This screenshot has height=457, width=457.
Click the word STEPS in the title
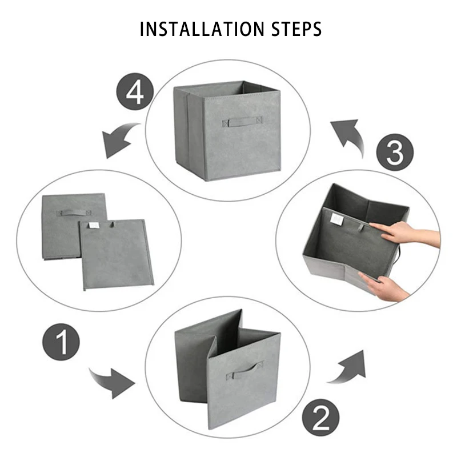click(296, 29)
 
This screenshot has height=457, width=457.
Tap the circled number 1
click(61, 342)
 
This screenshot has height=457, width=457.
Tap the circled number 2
click(320, 418)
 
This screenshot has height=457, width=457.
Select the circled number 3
click(395, 152)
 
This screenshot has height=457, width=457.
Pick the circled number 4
click(135, 91)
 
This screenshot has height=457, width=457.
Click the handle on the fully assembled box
click(242, 122)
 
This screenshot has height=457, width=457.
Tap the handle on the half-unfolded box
click(244, 370)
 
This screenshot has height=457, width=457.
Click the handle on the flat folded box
click(74, 213)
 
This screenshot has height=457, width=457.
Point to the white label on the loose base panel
click(93, 225)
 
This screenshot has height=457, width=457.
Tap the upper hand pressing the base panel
click(405, 232)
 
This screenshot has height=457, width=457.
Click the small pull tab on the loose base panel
click(113, 224)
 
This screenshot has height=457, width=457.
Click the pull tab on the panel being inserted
click(362, 227)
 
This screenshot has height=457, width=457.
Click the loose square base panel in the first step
click(117, 254)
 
